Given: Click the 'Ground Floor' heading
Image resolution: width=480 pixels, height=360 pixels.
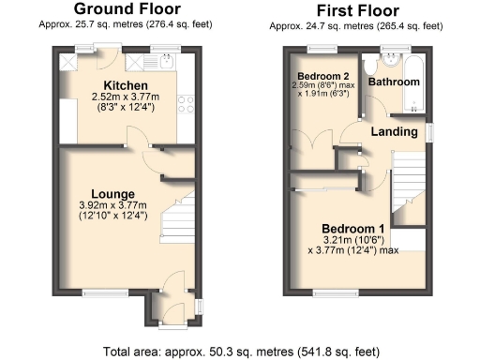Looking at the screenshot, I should pyautogui.click(x=126, y=9).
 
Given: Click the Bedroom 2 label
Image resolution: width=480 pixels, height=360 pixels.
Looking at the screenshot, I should pyautogui.click(x=324, y=76).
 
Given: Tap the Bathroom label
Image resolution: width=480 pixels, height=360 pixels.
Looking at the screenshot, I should pyautogui.click(x=393, y=82).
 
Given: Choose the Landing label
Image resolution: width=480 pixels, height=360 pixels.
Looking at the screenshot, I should pyautogui.click(x=394, y=131).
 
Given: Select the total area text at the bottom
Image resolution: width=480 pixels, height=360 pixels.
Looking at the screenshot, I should pyautogui.click(x=241, y=352).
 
